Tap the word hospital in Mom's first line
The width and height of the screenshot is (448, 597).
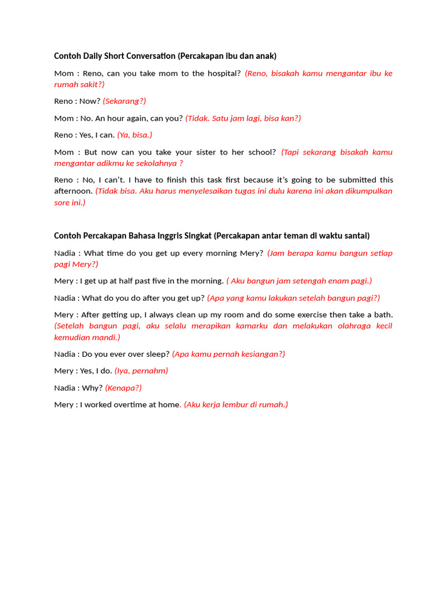click(220, 73)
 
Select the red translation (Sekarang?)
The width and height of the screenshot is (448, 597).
click(124, 101)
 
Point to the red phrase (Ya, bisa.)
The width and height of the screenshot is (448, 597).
click(134, 135)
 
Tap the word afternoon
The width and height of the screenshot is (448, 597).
click(73, 191)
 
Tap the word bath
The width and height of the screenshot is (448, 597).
click(381, 315)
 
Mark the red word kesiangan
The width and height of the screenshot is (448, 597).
click(263, 354)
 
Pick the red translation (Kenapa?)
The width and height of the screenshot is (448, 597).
click(123, 388)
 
